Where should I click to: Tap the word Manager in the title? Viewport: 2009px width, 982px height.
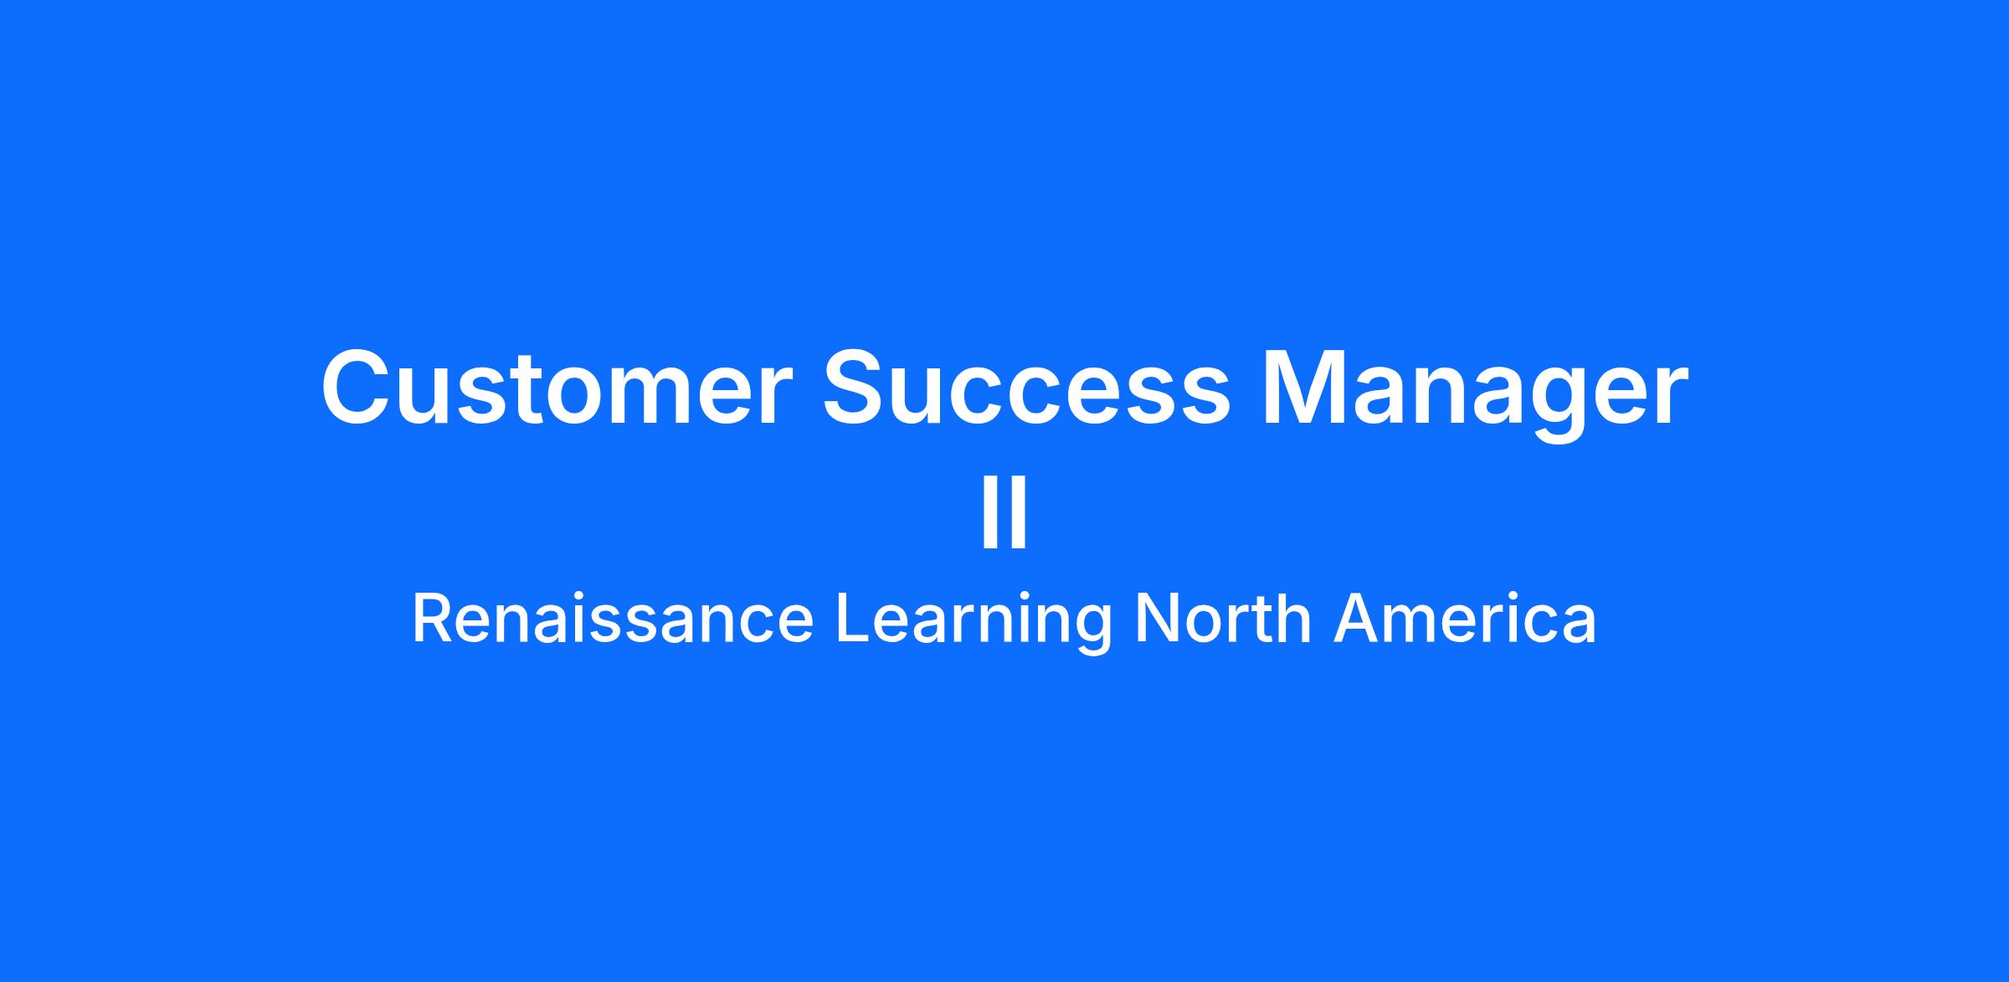pos(1475,394)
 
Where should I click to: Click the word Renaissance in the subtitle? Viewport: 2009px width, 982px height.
pos(613,620)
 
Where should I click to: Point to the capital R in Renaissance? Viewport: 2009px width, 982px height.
pos(434,620)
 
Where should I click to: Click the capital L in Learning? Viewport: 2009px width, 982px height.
pos(855,620)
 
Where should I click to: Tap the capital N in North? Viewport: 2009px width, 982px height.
pos(1157,620)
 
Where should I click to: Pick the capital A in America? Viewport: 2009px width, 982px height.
pos(1357,620)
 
